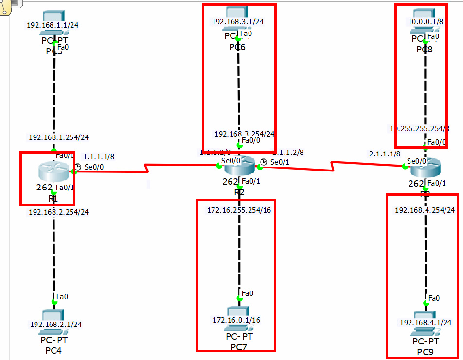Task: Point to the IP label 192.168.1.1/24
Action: (x=53, y=25)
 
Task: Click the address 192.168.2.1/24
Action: (x=56, y=324)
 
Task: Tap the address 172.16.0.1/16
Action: (x=236, y=320)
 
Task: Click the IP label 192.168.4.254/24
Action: (x=425, y=210)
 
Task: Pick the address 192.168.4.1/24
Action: (x=426, y=322)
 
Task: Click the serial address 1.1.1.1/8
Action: (x=99, y=157)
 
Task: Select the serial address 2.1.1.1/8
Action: (x=385, y=154)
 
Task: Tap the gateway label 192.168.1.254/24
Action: (x=58, y=137)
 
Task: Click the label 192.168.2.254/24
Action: (x=58, y=212)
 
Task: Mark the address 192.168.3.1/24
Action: (x=238, y=21)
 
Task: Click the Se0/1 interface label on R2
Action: (x=280, y=162)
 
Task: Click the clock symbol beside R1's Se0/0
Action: (x=78, y=167)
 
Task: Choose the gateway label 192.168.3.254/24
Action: (x=244, y=134)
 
